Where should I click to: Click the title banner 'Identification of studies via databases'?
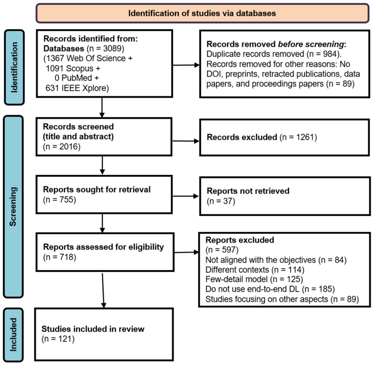(202, 13)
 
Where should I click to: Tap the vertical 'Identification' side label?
(14, 67)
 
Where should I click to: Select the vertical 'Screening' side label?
(13, 207)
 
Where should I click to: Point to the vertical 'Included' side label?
(13, 335)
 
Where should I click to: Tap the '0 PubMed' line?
(73, 78)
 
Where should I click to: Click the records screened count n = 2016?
(62, 147)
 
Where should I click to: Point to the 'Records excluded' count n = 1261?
(298, 137)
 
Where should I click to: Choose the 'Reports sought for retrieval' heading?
(97, 190)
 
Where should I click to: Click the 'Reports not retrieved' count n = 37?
(221, 201)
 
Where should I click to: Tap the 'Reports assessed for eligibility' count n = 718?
(60, 257)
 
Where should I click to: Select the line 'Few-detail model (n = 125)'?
(254, 279)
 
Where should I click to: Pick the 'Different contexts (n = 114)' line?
(255, 270)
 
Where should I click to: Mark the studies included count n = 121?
(58, 339)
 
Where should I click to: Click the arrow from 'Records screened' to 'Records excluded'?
(185, 141)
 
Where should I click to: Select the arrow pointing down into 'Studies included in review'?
(103, 290)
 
